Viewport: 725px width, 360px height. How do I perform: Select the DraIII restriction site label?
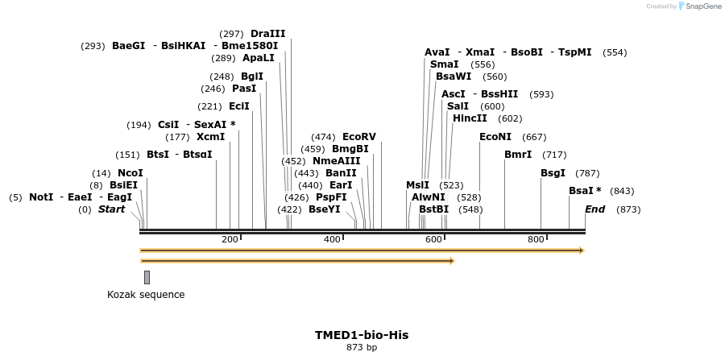click(x=267, y=34)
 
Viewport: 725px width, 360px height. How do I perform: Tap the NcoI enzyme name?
click(x=130, y=173)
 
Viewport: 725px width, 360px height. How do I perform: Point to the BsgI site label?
click(x=553, y=173)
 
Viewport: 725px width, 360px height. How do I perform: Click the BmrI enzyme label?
click(x=517, y=155)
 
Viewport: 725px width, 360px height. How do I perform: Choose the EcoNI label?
click(x=495, y=137)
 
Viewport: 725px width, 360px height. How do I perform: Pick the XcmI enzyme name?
click(x=210, y=137)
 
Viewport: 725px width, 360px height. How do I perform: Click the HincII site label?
click(x=470, y=118)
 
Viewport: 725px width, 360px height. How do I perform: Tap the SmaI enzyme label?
click(x=444, y=64)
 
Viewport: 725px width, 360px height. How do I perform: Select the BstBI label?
click(x=433, y=209)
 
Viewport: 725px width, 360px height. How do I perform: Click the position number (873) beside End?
click(x=628, y=209)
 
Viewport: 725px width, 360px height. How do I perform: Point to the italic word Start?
click(x=112, y=209)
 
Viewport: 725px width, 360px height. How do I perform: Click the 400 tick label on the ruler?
click(x=332, y=240)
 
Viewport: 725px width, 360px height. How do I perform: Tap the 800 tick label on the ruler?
click(x=536, y=240)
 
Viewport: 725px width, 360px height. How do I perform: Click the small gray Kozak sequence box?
click(x=147, y=277)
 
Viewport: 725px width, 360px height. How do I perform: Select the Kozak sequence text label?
click(x=146, y=295)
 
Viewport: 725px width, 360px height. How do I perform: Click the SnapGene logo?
click(x=699, y=6)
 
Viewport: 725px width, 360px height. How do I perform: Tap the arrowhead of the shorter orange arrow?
click(x=452, y=261)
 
